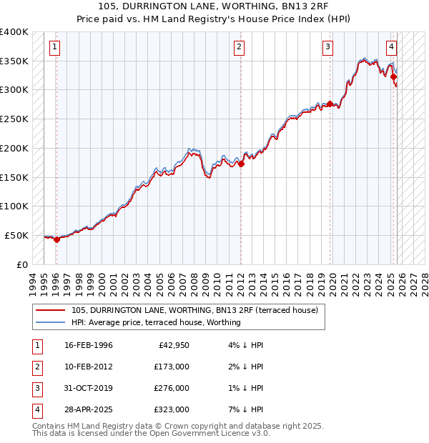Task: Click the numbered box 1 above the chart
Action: click(55, 48)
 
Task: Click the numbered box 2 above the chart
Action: click(238, 48)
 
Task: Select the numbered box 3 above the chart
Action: click(327, 48)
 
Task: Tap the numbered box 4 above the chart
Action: click(392, 48)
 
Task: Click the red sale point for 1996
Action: click(56, 239)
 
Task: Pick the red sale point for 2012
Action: click(241, 164)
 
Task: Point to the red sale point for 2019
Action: click(330, 104)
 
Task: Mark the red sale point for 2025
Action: click(394, 77)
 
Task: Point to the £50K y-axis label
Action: click(16, 235)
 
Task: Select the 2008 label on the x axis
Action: click(194, 282)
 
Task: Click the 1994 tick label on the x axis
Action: click(33, 282)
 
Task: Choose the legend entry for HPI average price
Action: click(156, 322)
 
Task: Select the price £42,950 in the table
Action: click(171, 345)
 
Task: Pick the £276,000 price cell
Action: click(171, 388)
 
